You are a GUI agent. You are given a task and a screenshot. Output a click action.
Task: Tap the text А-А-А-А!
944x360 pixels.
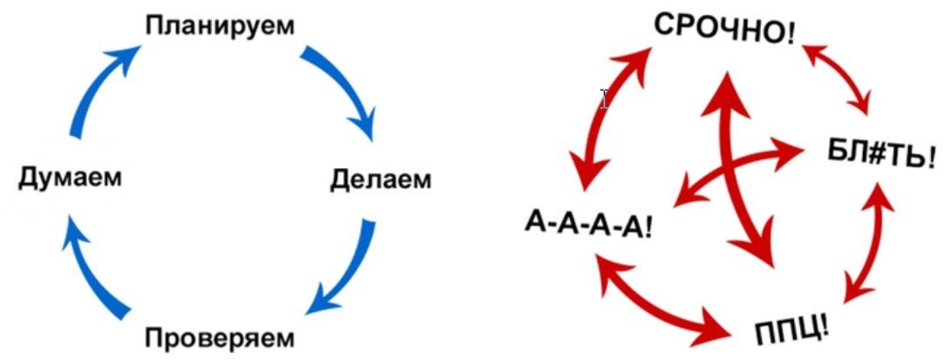589,225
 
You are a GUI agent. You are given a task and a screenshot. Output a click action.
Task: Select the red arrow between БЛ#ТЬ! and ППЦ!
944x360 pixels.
867,248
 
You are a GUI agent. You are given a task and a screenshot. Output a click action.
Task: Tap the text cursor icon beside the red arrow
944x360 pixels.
605,98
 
